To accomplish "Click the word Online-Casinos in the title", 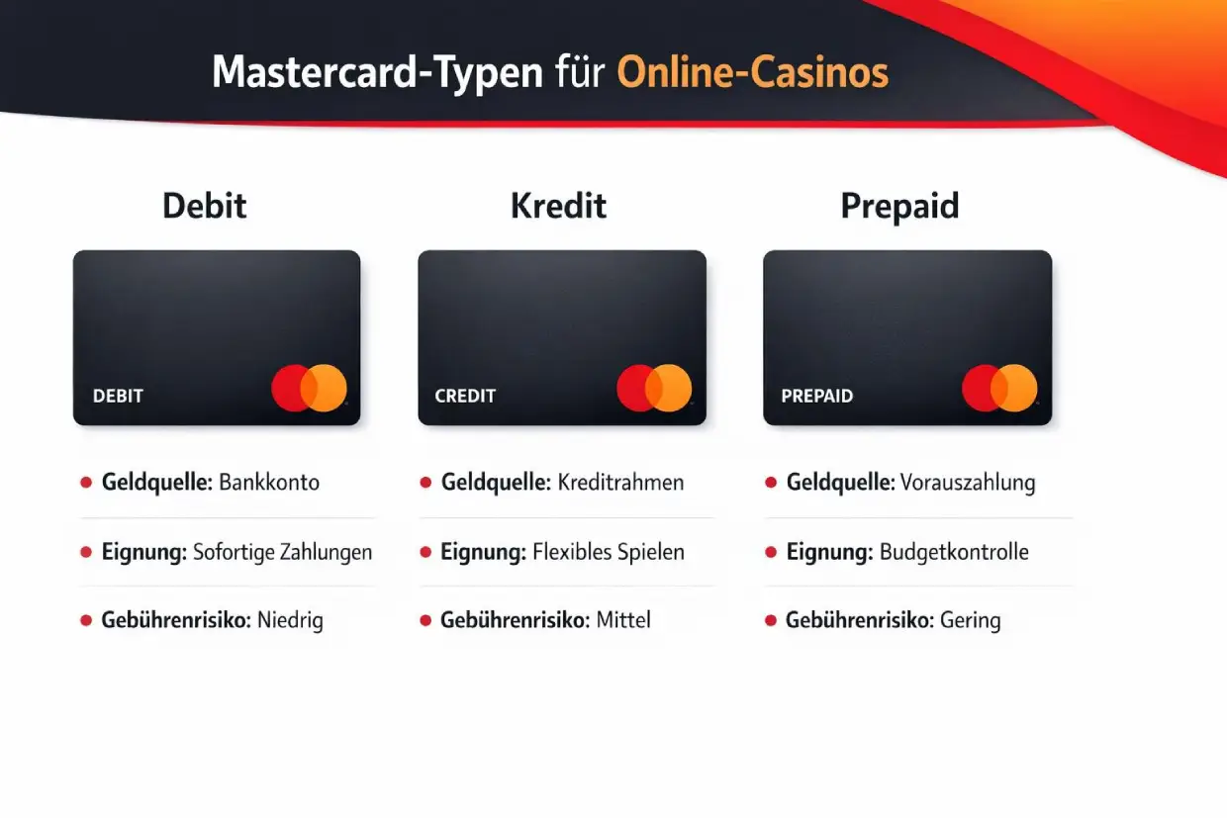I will pyautogui.click(x=752, y=73).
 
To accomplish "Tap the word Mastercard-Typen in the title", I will pyautogui.click(x=377, y=74).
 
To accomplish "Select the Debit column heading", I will pyautogui.click(x=205, y=207).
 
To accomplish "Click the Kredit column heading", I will pyautogui.click(x=558, y=207).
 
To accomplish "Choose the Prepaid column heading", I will pyautogui.click(x=899, y=207).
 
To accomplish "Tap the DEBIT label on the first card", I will pyautogui.click(x=118, y=396).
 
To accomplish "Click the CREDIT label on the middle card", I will pyautogui.click(x=465, y=396).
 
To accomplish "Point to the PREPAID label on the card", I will pyautogui.click(x=816, y=396).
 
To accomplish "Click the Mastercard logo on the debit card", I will pyautogui.click(x=309, y=388).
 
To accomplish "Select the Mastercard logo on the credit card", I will pyautogui.click(x=654, y=388).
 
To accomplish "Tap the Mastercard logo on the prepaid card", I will pyautogui.click(x=999, y=388).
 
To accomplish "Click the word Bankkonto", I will pyautogui.click(x=269, y=483).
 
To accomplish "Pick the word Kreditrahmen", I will pyautogui.click(x=620, y=483).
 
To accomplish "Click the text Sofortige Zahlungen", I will pyautogui.click(x=283, y=552).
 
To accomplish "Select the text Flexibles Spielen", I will pyautogui.click(x=608, y=552).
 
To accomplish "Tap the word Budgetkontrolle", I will pyautogui.click(x=954, y=552).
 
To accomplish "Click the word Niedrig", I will pyautogui.click(x=290, y=621).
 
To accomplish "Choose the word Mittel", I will pyautogui.click(x=623, y=621).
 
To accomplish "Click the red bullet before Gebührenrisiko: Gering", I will pyautogui.click(x=771, y=621).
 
